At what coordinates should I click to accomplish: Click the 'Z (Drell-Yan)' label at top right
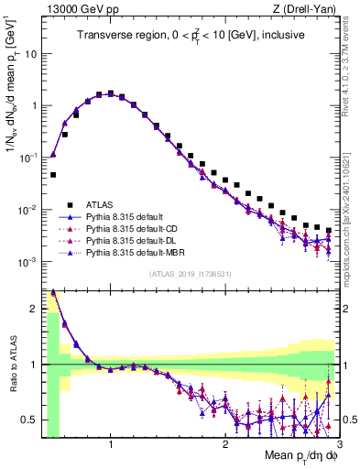click(307, 8)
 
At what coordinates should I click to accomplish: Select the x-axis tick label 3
click(339, 444)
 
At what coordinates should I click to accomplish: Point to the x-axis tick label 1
click(111, 444)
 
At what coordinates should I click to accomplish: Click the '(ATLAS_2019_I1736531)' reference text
click(191, 273)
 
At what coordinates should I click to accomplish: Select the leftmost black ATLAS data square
click(53, 174)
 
